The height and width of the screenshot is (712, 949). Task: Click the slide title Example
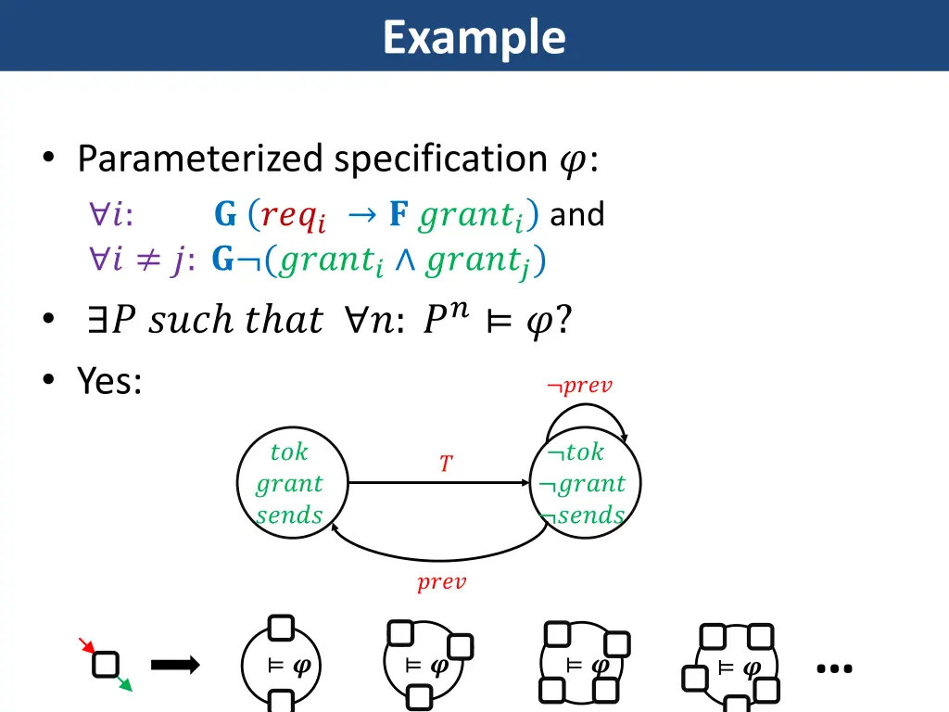click(x=474, y=38)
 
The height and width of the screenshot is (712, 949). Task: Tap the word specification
click(x=440, y=159)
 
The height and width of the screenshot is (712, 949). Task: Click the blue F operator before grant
click(x=399, y=215)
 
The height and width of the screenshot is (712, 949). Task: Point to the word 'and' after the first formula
click(x=577, y=215)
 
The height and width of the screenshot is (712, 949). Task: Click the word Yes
click(x=108, y=380)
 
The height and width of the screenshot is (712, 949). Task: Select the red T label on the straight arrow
click(x=446, y=464)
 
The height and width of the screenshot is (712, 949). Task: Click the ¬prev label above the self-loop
click(x=580, y=386)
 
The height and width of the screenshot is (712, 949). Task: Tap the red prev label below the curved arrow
click(x=441, y=583)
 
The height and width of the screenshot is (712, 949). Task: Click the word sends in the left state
click(x=289, y=515)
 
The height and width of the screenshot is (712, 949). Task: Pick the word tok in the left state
click(x=289, y=452)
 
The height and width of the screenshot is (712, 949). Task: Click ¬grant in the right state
click(x=583, y=484)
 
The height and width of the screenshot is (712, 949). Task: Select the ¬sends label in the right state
click(x=583, y=515)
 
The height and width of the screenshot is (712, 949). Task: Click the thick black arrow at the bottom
click(x=175, y=664)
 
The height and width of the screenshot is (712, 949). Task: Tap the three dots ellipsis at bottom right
click(x=835, y=667)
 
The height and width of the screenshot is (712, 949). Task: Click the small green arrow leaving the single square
click(x=124, y=683)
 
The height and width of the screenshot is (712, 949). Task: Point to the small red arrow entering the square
click(x=85, y=646)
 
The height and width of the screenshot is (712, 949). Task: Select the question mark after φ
click(x=563, y=321)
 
